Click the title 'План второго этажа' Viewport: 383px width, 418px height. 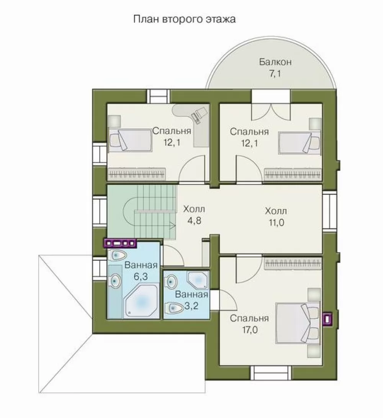click(x=184, y=20)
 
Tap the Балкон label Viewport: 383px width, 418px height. click(x=275, y=62)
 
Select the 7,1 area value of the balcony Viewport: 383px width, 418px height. click(x=275, y=73)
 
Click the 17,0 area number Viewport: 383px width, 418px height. click(x=250, y=330)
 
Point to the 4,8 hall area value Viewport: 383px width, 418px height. click(x=194, y=221)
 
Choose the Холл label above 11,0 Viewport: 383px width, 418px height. click(x=276, y=211)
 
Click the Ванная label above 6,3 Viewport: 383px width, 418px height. click(x=141, y=265)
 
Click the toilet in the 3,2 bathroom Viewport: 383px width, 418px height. click(x=174, y=308)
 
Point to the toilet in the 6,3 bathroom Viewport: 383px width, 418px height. click(x=117, y=255)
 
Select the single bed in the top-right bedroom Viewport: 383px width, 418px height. click(x=299, y=143)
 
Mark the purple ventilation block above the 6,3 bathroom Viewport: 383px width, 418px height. click(x=120, y=243)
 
